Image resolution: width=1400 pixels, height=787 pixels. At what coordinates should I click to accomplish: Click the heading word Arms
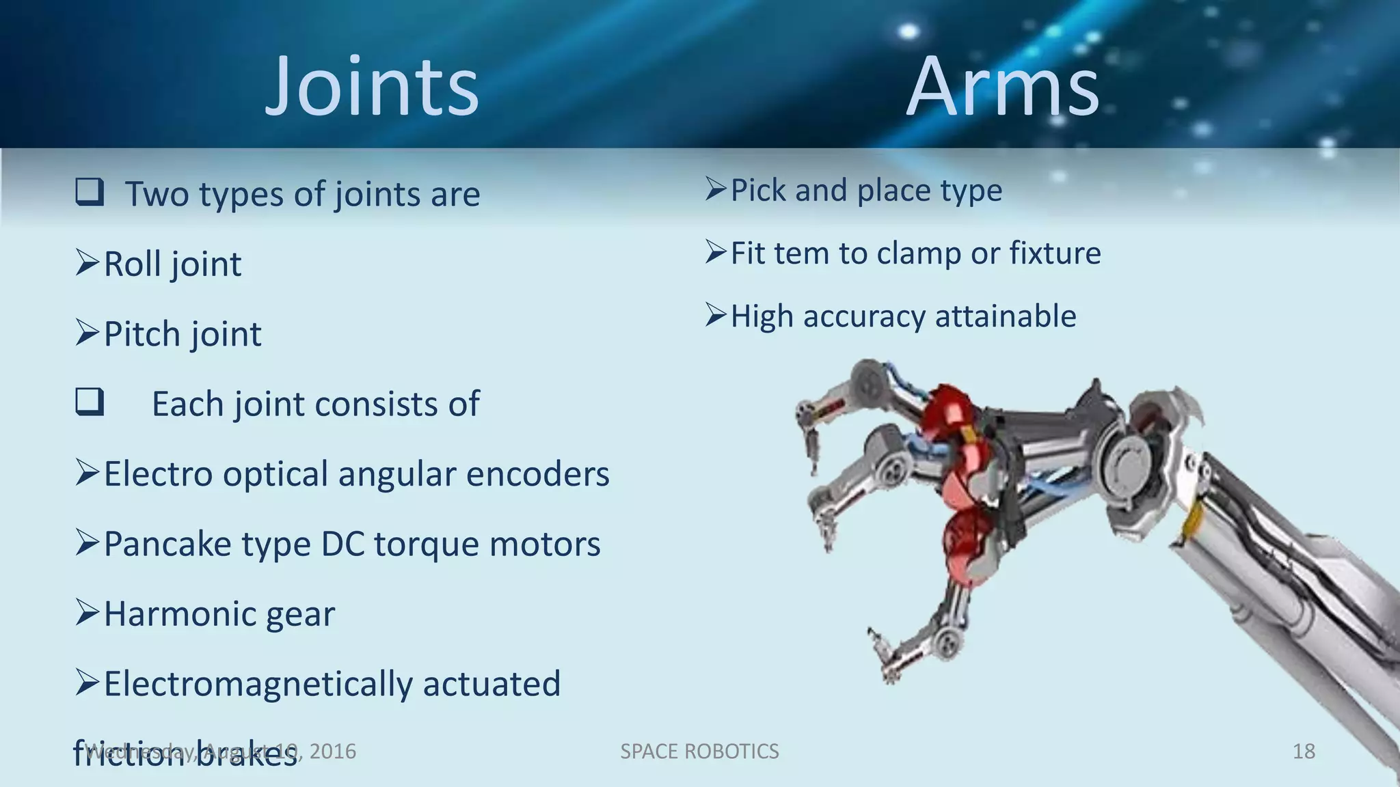pos(1002,87)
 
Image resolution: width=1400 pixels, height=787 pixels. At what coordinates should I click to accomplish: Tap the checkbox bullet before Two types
pos(90,192)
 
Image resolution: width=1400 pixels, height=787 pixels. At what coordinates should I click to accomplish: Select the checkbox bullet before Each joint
pos(90,402)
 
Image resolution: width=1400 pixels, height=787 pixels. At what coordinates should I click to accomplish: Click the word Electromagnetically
pos(258,684)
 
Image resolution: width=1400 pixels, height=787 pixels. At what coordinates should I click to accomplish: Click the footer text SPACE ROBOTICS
pos(699,751)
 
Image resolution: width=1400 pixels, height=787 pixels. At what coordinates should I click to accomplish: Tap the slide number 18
pos(1304,751)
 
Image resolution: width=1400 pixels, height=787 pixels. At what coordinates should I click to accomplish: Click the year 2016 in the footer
pos(332,751)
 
